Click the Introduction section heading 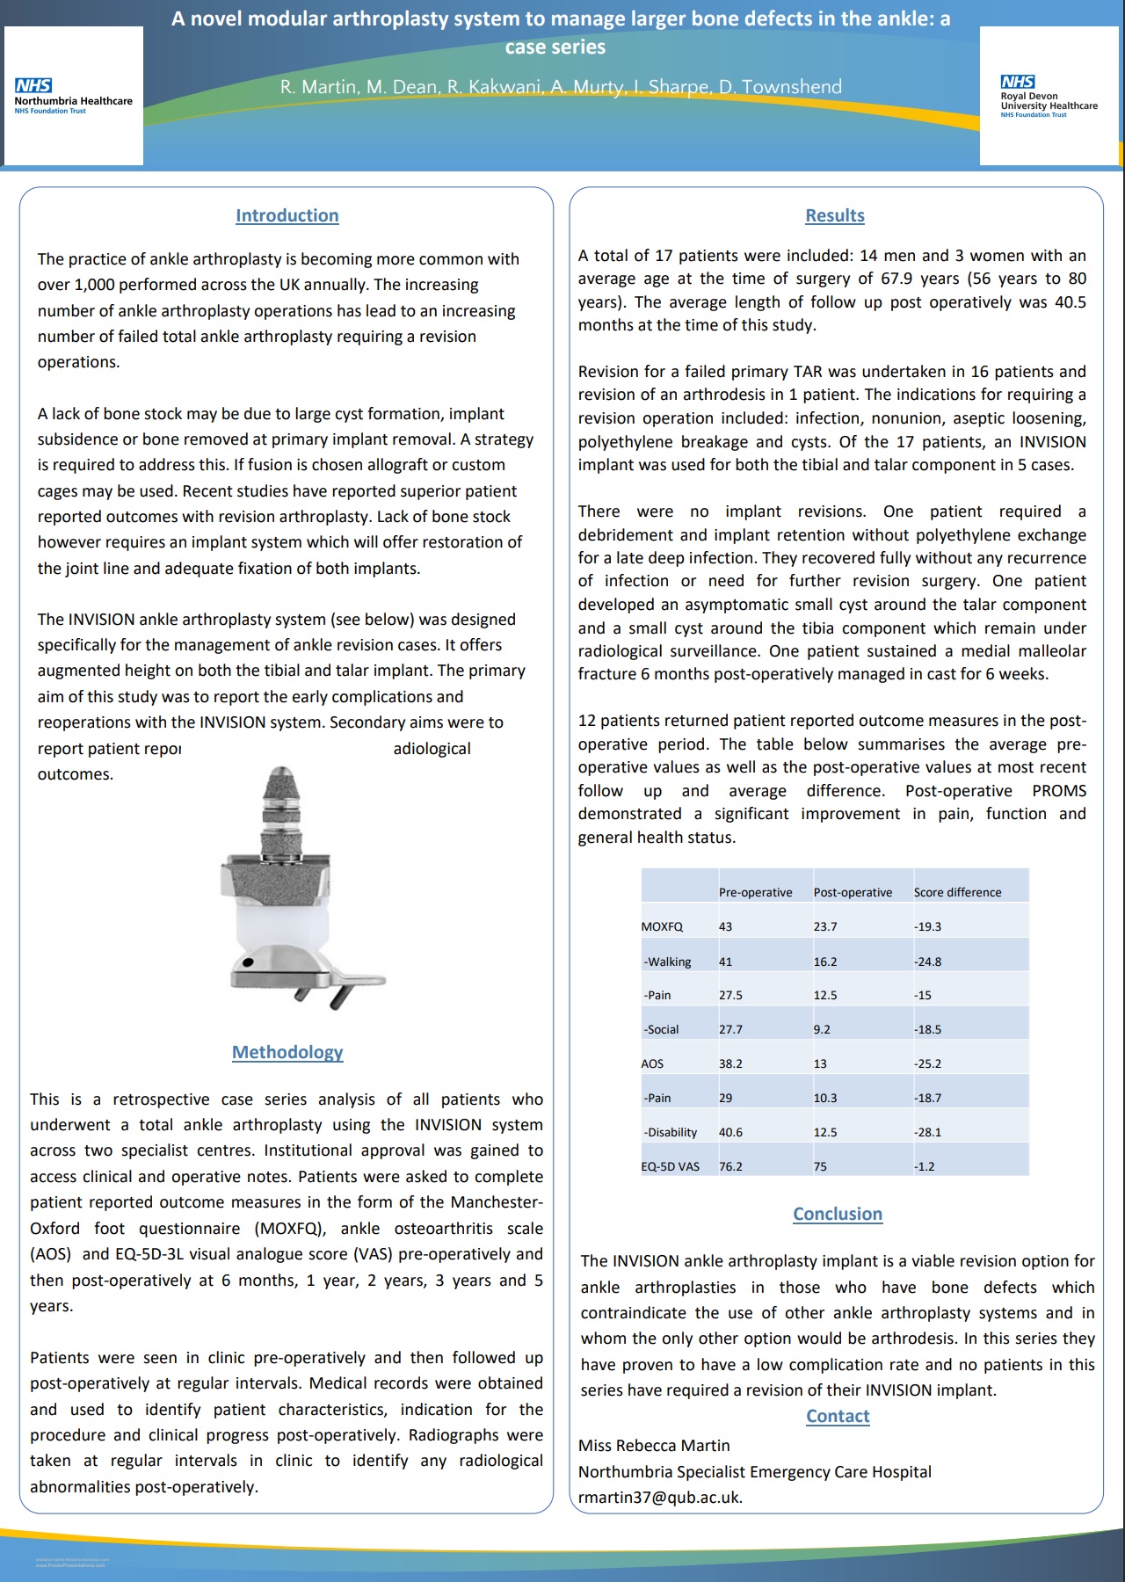pos(287,215)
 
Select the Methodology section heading pos(287,1052)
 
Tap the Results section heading pos(835,215)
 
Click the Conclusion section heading pos(838,1214)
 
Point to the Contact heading pos(838,1416)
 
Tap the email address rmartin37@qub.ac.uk pos(660,1498)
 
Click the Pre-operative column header pos(755,892)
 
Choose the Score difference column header pos(957,892)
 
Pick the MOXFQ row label pos(662,926)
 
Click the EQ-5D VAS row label pos(671,1166)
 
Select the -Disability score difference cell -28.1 pos(927,1132)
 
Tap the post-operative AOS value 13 pos(820,1063)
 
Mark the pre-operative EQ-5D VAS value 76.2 pos(730,1166)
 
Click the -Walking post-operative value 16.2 pos(825,962)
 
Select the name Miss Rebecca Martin pos(654,1446)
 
